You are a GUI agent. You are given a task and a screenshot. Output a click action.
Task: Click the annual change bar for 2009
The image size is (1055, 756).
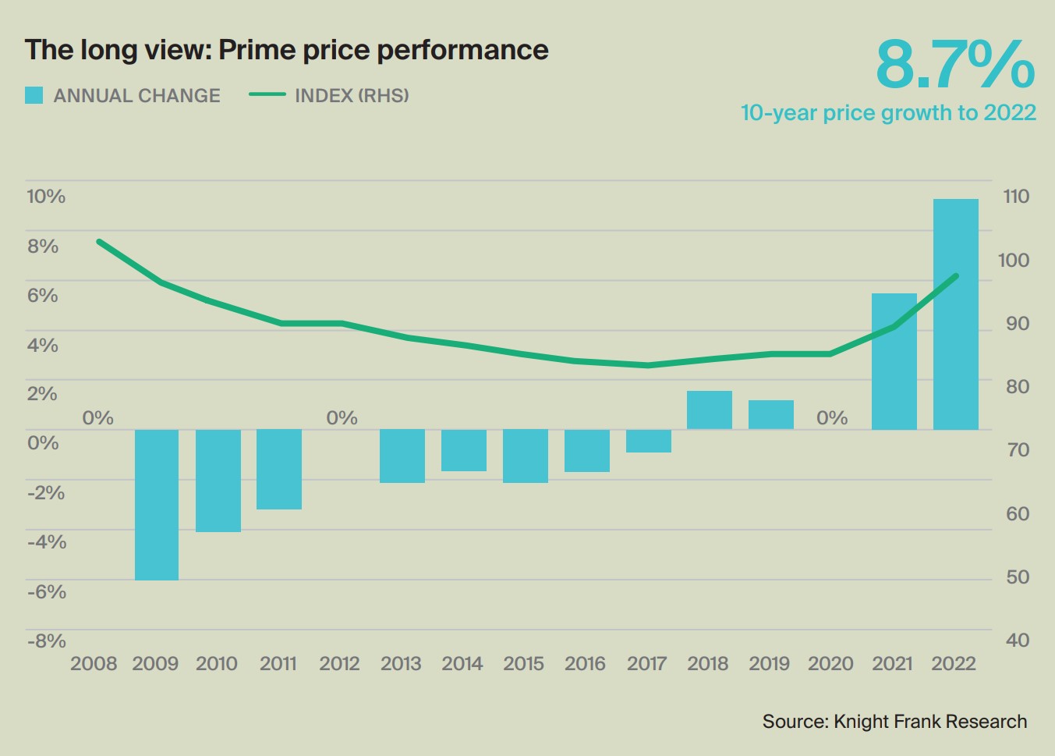pyautogui.click(x=156, y=504)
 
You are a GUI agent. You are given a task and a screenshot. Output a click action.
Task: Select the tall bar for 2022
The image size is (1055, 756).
pyautogui.click(x=955, y=314)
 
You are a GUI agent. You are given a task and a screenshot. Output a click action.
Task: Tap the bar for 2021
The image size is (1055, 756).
pyautogui.click(x=894, y=361)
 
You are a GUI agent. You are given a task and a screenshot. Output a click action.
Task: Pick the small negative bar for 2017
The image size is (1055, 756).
pyautogui.click(x=648, y=441)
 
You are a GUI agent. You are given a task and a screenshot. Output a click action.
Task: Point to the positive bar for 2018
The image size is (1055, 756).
pyautogui.click(x=709, y=410)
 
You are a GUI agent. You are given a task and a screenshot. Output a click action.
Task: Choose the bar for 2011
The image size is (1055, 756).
pyautogui.click(x=279, y=469)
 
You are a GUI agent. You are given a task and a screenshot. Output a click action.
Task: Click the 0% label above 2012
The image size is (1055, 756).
pyautogui.click(x=342, y=418)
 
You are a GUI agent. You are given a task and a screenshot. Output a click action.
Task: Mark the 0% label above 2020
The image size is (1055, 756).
pyautogui.click(x=831, y=418)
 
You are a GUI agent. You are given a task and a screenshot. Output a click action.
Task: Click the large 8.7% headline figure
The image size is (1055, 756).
pyautogui.click(x=954, y=65)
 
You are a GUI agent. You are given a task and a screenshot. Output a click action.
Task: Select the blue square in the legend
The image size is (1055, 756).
pyautogui.click(x=34, y=95)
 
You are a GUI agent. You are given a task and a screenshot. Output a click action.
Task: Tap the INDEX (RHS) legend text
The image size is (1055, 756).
pyautogui.click(x=352, y=95)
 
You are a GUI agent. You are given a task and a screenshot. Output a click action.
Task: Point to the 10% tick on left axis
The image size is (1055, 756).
pyautogui.click(x=46, y=196)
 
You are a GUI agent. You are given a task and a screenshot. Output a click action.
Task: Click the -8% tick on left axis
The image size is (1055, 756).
pyautogui.click(x=46, y=641)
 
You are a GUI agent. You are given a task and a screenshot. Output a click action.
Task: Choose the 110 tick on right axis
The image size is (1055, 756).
pyautogui.click(x=1016, y=196)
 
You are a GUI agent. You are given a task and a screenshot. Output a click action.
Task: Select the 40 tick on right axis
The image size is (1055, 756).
pyautogui.click(x=1018, y=641)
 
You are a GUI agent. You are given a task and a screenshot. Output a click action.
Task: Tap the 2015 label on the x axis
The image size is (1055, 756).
pyautogui.click(x=523, y=664)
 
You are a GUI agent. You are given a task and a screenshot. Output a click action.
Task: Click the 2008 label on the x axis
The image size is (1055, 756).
pyautogui.click(x=94, y=664)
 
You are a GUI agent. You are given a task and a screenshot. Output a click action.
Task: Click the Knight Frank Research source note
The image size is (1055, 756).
pyautogui.click(x=894, y=722)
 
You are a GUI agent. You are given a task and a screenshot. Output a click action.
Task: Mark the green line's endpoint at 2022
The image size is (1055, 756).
pyautogui.click(x=956, y=276)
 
